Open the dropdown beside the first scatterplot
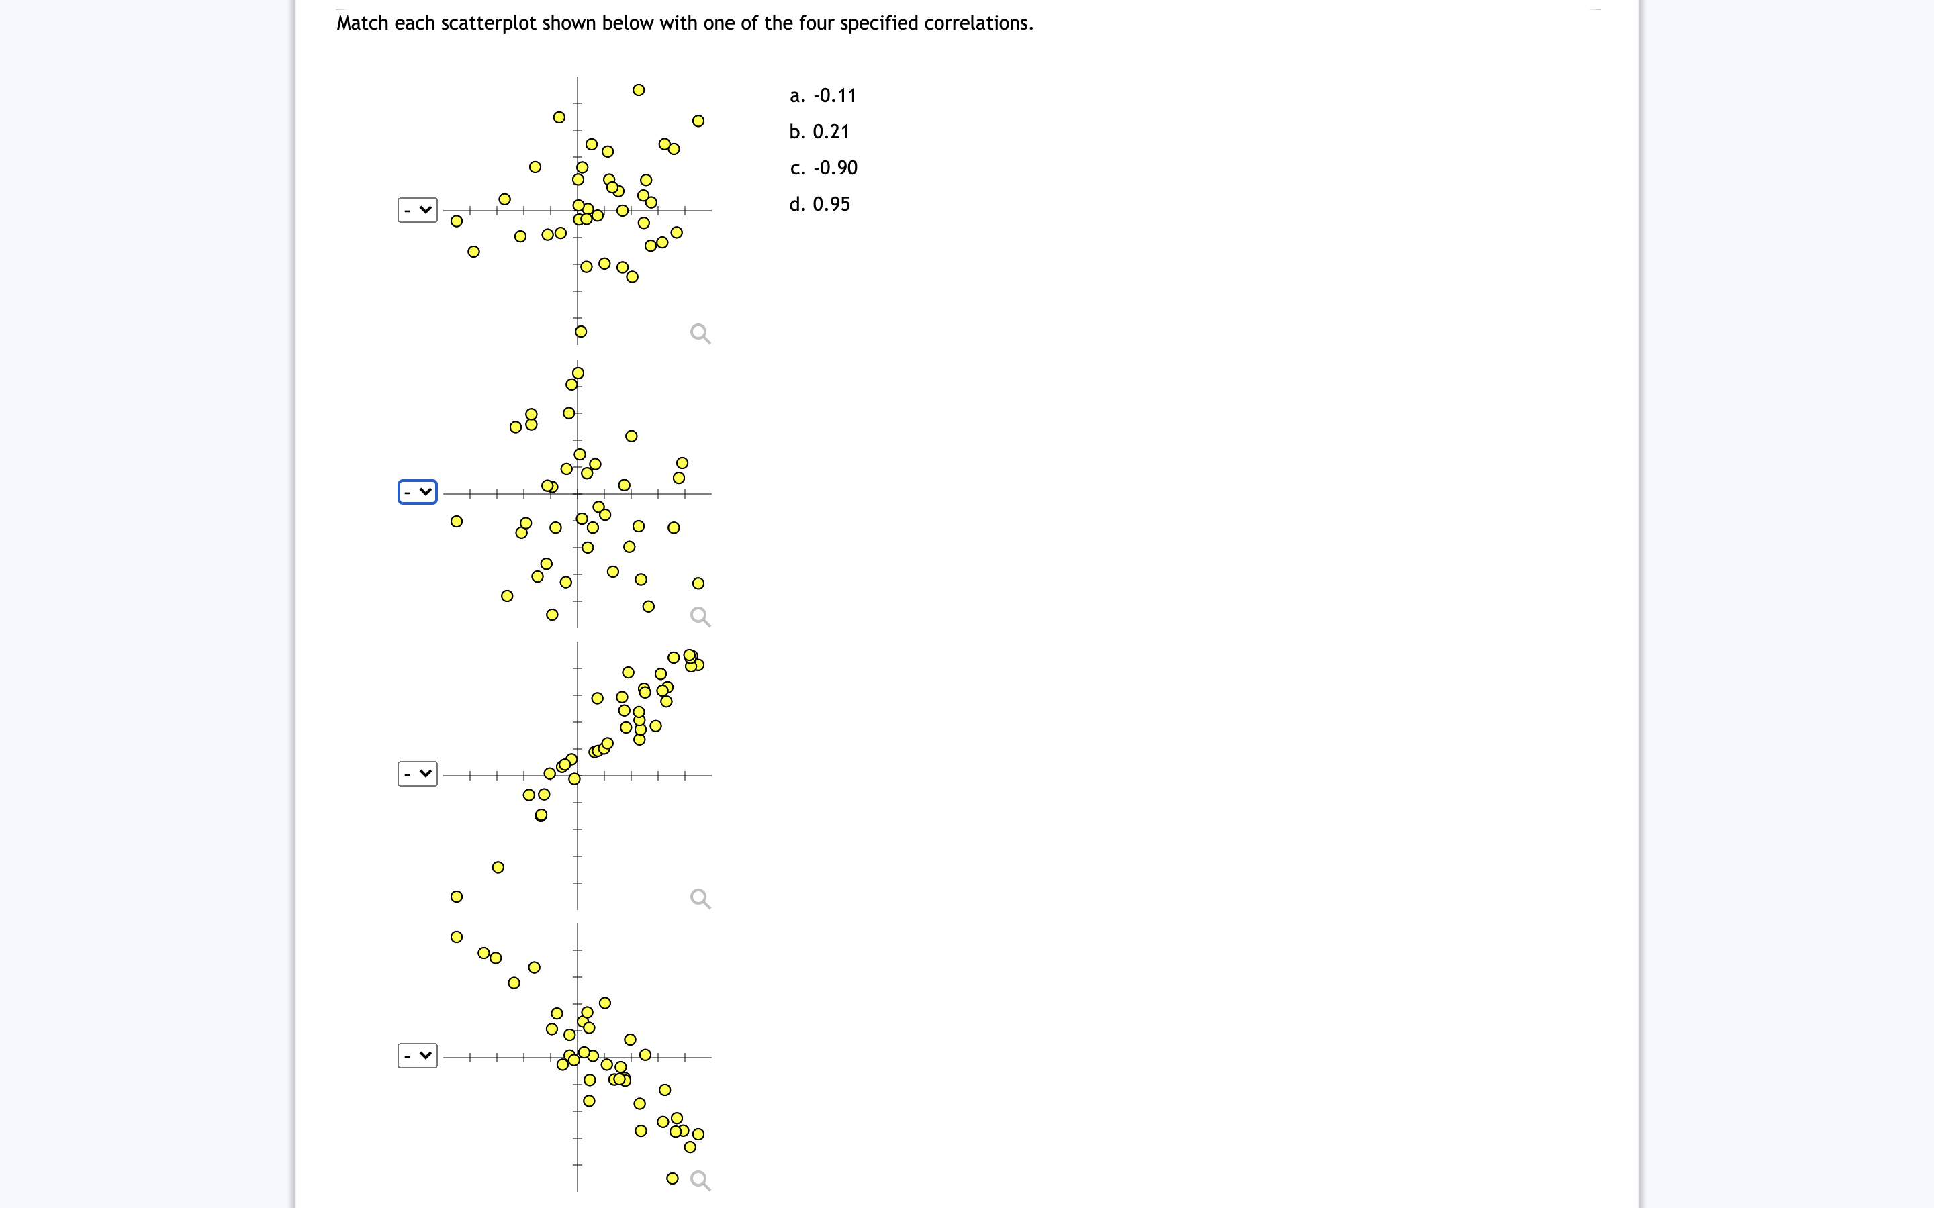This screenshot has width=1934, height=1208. (417, 210)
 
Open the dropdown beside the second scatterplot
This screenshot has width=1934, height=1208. (417, 492)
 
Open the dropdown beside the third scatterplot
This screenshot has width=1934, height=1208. (417, 773)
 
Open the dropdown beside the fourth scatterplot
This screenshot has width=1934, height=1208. (417, 1056)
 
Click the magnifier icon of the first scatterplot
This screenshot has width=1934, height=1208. (700, 333)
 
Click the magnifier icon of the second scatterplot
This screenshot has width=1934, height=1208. (700, 616)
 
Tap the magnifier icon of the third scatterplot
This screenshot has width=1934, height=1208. (700, 898)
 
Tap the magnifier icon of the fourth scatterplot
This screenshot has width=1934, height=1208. (700, 1180)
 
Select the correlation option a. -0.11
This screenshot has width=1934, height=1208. (823, 96)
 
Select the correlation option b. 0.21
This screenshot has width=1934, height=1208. (819, 132)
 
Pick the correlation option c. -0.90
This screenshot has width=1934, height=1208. (824, 168)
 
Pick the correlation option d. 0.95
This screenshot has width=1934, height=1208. (820, 205)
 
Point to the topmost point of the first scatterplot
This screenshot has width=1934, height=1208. (639, 89)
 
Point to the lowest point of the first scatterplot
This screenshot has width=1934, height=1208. (581, 332)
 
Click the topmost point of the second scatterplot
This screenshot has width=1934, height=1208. (578, 373)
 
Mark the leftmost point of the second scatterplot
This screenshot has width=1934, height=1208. (457, 521)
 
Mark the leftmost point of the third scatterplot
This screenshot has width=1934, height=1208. (457, 897)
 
